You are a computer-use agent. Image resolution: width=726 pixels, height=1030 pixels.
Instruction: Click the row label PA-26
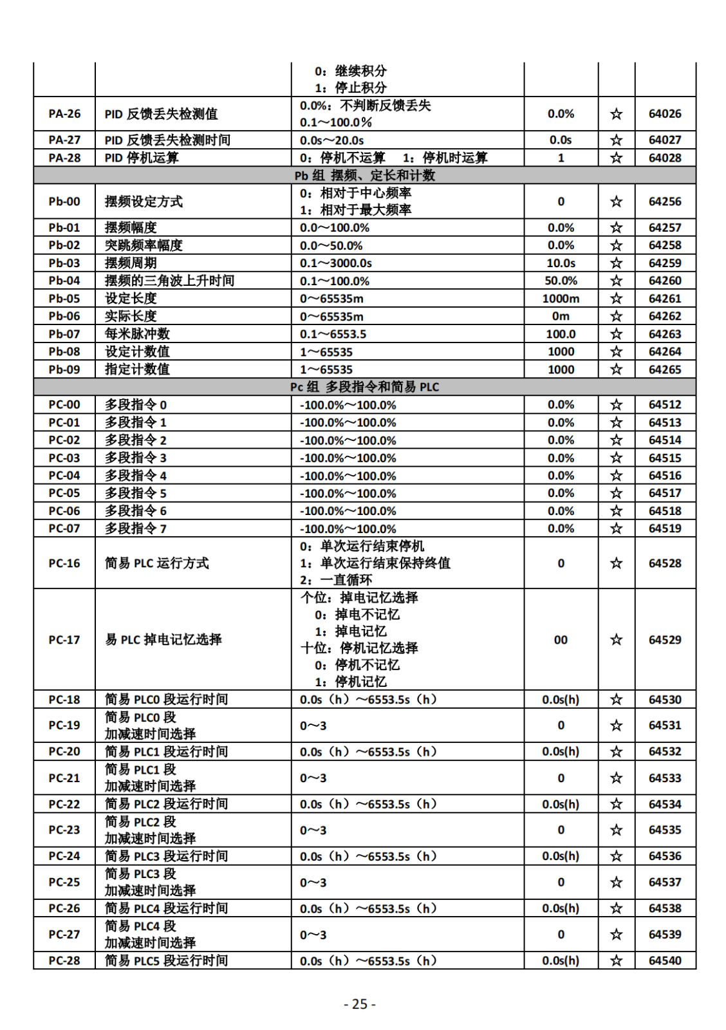[x=64, y=114]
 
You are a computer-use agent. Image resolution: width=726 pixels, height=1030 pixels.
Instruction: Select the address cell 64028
[x=664, y=158]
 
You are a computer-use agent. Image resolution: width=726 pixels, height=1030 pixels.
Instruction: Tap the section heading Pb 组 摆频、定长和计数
[x=364, y=176]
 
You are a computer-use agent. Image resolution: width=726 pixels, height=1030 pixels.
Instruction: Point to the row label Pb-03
[x=64, y=263]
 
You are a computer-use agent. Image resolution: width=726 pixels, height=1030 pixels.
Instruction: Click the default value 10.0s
[x=561, y=263]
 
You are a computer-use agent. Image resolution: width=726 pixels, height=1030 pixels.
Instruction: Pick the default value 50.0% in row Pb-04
[x=561, y=281]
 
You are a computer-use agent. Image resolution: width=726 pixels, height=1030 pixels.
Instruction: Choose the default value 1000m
[x=561, y=299]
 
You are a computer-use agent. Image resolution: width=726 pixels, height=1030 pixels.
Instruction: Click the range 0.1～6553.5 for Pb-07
[x=333, y=334]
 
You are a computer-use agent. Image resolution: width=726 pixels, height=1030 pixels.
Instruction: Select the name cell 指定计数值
[x=138, y=370]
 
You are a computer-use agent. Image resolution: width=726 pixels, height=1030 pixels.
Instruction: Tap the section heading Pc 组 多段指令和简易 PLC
[x=364, y=387]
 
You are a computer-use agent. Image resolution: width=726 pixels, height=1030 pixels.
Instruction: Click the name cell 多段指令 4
[x=136, y=476]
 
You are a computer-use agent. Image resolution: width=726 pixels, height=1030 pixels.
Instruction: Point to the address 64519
[x=664, y=529]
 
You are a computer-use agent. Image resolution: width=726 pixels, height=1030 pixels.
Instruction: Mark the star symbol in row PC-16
[x=616, y=563]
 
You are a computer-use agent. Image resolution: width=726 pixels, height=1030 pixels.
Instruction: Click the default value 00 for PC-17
[x=561, y=640]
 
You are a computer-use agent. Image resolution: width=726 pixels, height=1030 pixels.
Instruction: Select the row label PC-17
[x=64, y=640]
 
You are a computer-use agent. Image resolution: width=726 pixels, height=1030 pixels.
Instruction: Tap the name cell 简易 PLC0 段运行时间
[x=166, y=700]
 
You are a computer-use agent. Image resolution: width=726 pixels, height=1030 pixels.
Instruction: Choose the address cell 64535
[x=664, y=830]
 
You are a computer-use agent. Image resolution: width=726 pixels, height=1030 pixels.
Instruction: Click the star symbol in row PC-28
[x=616, y=960]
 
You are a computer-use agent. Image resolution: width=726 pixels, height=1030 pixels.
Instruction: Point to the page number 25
[x=360, y=1004]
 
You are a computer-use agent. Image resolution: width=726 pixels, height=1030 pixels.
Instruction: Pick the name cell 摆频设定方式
[x=144, y=201]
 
